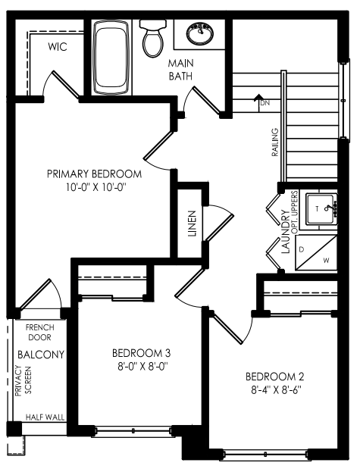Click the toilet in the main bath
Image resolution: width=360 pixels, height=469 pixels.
click(153, 39)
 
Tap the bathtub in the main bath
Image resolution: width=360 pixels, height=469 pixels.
click(111, 57)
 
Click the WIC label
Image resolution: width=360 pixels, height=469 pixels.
click(58, 47)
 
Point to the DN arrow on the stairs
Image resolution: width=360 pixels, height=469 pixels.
click(258, 103)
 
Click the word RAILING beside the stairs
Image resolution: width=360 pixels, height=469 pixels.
click(274, 142)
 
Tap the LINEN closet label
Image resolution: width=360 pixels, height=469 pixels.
click(192, 224)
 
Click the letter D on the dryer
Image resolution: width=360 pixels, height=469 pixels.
click(302, 249)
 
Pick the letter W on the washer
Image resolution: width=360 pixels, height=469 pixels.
click(326, 261)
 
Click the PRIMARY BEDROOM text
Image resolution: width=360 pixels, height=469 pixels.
click(94, 174)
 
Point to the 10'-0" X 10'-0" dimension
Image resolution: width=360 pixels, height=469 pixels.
click(95, 188)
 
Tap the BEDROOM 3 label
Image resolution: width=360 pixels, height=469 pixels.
click(141, 353)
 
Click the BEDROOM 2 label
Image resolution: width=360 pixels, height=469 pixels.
click(274, 377)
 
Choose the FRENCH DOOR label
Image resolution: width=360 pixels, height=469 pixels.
click(40, 333)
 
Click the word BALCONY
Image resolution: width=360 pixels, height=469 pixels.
click(41, 355)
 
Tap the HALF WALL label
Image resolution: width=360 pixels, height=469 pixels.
click(45, 417)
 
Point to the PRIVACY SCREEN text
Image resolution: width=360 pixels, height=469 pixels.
click(23, 380)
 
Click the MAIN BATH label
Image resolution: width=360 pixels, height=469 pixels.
click(180, 70)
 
